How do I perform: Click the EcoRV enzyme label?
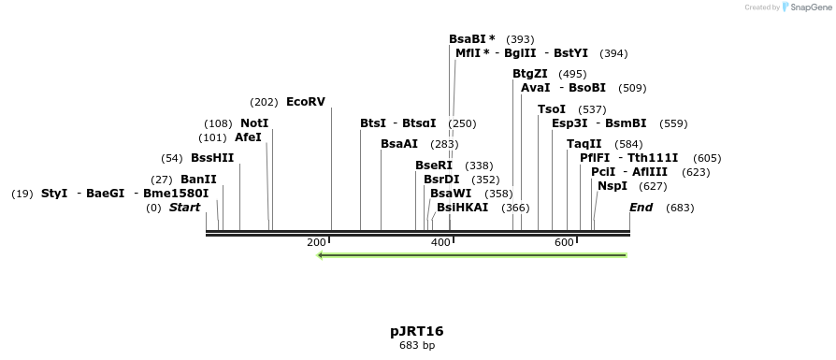[x=305, y=102]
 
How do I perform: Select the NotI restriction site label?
[x=254, y=123]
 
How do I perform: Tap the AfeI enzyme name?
[x=248, y=137]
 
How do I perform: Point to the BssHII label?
[x=212, y=158]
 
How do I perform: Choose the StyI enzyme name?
[x=54, y=194]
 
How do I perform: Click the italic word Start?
[x=184, y=208]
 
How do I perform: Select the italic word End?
[x=641, y=208]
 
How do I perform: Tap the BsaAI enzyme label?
[x=399, y=144]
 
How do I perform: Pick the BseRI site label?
[x=434, y=166]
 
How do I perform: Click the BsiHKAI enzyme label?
[x=462, y=208]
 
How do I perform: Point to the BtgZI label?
[x=530, y=74]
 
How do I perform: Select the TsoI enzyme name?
[x=552, y=109]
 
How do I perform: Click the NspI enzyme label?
[x=613, y=186]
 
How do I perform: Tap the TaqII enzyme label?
[x=584, y=144]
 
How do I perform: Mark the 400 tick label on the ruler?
[x=440, y=243]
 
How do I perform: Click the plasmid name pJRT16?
[x=417, y=331]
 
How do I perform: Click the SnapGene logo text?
[x=810, y=7]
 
